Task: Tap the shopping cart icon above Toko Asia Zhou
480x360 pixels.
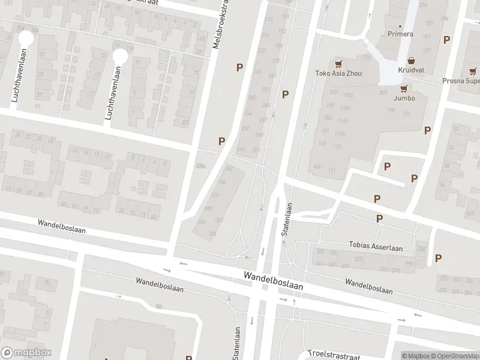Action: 338,63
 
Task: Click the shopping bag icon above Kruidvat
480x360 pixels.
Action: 412,60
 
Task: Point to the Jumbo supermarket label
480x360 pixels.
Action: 404,98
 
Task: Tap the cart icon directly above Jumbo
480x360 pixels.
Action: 404,88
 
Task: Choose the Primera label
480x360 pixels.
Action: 400,34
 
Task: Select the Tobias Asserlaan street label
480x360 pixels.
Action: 376,247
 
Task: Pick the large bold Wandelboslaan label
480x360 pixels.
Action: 273,280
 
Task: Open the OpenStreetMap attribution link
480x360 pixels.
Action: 454,356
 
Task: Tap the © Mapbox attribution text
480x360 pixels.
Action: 416,356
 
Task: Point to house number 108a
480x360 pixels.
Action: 200,166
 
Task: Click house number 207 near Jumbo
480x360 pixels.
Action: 383,92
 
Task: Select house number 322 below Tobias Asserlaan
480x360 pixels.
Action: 358,258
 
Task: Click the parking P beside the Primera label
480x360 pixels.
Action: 446,40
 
